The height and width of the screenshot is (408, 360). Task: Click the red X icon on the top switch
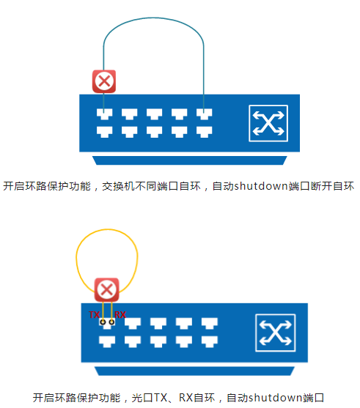click(x=104, y=81)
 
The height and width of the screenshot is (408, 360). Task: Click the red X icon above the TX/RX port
click(x=106, y=289)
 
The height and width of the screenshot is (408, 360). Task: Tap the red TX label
click(x=94, y=314)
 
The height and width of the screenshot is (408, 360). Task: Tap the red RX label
click(x=120, y=314)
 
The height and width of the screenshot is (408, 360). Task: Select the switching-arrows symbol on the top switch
click(x=268, y=123)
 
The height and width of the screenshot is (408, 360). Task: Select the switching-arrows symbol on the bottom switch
click(x=276, y=333)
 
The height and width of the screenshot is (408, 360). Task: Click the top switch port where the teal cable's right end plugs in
click(x=205, y=114)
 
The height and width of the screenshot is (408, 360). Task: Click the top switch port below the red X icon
click(x=104, y=114)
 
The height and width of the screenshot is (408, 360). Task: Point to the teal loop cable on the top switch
click(x=154, y=18)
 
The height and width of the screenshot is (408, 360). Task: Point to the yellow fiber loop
click(x=107, y=230)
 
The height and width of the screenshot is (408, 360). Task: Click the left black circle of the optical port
click(x=103, y=322)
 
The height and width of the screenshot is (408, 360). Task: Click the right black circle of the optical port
click(x=111, y=322)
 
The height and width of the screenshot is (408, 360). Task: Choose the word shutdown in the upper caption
click(x=261, y=186)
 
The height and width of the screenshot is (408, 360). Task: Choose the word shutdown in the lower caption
click(x=276, y=398)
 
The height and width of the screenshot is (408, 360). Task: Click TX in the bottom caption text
click(x=161, y=398)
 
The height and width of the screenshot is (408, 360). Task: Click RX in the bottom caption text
click(x=185, y=398)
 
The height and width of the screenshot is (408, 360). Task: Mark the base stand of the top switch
click(x=190, y=160)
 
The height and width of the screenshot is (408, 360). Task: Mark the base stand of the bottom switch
click(x=194, y=371)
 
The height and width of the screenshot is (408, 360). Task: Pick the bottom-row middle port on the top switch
click(x=154, y=132)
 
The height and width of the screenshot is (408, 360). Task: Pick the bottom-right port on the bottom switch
click(x=210, y=341)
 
